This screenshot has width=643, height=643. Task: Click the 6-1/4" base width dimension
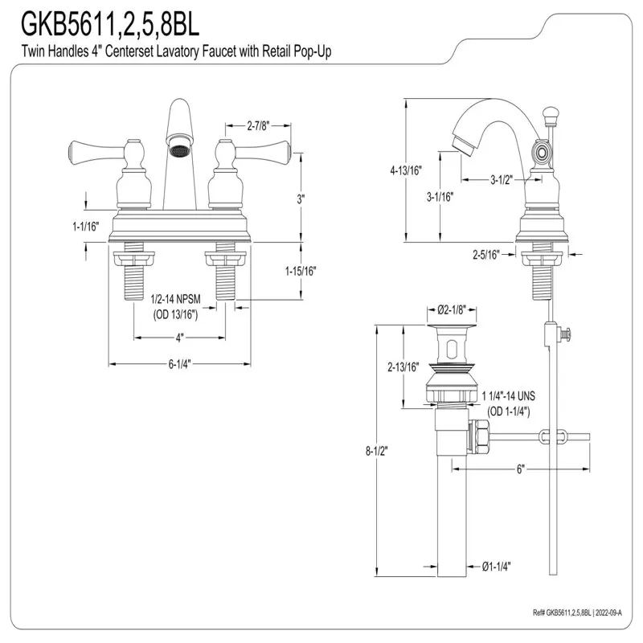[x=179, y=364]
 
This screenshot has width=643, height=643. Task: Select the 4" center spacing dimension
[x=179, y=338]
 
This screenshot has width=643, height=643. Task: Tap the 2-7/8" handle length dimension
[x=258, y=126]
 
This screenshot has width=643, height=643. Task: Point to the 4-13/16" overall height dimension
[x=406, y=170]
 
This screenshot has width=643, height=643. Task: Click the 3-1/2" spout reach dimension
[x=502, y=179]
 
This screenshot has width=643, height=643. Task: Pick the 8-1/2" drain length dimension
[x=376, y=451]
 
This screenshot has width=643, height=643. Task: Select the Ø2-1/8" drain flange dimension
[x=452, y=310]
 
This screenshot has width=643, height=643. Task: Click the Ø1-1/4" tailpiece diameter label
[x=496, y=567]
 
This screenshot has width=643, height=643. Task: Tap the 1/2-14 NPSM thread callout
[x=175, y=299]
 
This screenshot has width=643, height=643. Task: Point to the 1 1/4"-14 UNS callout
[x=509, y=396]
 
